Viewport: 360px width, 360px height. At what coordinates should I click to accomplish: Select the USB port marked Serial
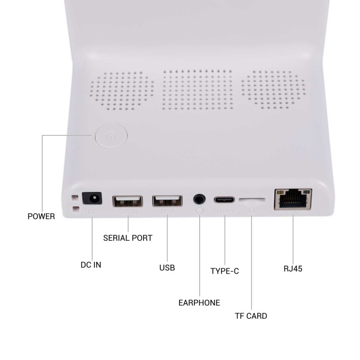[x=127, y=201]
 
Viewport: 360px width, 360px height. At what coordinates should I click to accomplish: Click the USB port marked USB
[x=167, y=201]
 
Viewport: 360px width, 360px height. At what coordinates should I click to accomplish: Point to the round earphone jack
[x=199, y=199]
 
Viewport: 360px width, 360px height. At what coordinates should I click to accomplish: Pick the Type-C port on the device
[x=225, y=199]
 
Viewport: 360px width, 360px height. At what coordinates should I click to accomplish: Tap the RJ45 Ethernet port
[x=293, y=198]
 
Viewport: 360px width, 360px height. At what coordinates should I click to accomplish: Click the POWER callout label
[x=41, y=216]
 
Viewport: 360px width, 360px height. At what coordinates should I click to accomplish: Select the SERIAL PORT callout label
[x=128, y=238]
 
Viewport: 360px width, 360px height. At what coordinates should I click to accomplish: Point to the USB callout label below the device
[x=167, y=268]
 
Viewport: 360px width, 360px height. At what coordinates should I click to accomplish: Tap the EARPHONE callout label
[x=199, y=303]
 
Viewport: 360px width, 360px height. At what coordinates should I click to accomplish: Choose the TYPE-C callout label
[x=225, y=271]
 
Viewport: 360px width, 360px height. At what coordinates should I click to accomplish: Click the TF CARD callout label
[x=251, y=316]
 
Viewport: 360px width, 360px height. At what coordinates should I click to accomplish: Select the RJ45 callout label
[x=293, y=269]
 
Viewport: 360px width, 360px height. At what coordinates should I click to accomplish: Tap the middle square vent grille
[x=198, y=90]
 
